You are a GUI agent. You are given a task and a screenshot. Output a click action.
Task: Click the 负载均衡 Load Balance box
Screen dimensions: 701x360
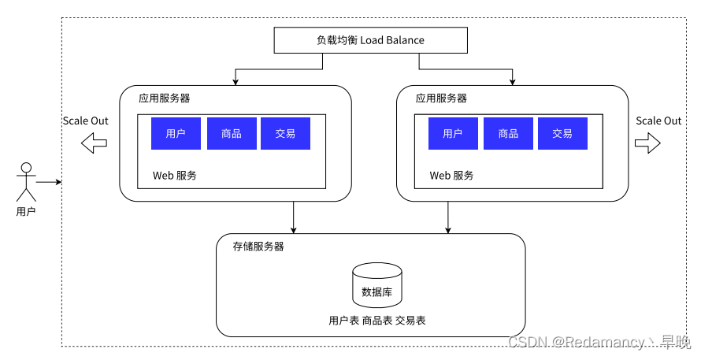click(x=371, y=40)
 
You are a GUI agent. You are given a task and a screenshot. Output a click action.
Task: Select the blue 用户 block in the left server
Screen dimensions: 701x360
click(x=176, y=133)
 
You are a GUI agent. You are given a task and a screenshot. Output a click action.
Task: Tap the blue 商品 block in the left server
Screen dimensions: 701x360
click(x=232, y=133)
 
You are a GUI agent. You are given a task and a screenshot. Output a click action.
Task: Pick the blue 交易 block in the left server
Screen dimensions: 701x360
click(x=285, y=133)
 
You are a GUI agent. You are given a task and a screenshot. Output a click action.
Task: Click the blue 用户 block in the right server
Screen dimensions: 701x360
click(x=453, y=133)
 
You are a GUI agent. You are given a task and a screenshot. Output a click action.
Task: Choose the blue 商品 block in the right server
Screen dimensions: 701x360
click(x=508, y=133)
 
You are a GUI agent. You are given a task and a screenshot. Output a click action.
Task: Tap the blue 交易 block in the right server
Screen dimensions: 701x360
click(x=562, y=133)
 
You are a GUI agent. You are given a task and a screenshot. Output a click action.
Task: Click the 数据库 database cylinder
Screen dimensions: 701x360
click(x=376, y=285)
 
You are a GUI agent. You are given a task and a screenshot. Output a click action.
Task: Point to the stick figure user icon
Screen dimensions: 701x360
click(x=26, y=182)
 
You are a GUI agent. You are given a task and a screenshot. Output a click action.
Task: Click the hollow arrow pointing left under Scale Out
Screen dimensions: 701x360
click(x=94, y=143)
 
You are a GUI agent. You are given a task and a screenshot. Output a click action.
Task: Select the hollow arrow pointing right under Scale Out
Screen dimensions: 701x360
click(x=647, y=143)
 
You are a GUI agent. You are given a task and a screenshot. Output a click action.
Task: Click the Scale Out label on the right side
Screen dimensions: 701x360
click(x=658, y=121)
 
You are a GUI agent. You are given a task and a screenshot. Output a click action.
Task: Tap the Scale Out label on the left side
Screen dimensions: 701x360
click(x=85, y=121)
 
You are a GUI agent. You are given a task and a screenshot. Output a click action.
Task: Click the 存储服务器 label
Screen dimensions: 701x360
click(x=258, y=247)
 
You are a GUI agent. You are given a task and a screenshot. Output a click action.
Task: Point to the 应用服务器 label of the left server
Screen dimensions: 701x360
click(x=164, y=98)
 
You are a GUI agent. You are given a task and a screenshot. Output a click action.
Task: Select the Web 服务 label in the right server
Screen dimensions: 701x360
click(x=451, y=176)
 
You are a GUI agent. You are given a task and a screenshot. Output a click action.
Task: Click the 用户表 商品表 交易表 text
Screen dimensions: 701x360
click(x=377, y=320)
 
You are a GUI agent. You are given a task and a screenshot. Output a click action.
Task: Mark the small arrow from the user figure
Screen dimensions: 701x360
click(x=49, y=182)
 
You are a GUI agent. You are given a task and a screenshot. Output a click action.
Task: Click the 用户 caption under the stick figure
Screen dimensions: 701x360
click(x=26, y=212)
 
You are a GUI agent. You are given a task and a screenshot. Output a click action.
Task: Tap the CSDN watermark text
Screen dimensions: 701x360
click(x=600, y=343)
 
